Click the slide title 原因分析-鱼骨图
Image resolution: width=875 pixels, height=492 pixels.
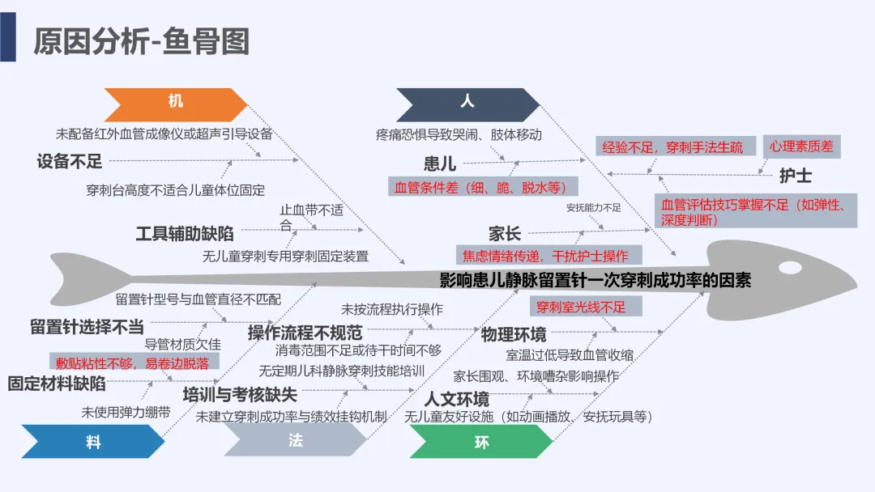click(141, 41)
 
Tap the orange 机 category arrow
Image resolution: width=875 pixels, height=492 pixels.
click(176, 103)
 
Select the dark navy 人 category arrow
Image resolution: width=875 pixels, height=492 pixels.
click(467, 103)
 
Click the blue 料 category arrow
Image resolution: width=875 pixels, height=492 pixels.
click(94, 442)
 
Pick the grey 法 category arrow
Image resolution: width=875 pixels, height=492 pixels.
click(295, 442)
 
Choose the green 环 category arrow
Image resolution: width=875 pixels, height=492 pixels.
click(481, 442)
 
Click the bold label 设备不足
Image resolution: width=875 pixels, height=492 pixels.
click(70, 161)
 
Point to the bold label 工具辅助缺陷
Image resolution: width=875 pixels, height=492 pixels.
click(185, 234)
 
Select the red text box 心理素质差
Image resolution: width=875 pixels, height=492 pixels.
click(801, 146)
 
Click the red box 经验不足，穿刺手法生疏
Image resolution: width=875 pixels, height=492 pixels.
click(672, 147)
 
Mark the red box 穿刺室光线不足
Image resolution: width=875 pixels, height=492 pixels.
click(580, 307)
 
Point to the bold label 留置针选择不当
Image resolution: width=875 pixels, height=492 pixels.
click(87, 327)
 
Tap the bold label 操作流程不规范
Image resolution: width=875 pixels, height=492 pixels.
click(305, 332)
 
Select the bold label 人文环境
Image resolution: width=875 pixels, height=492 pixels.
click(457, 399)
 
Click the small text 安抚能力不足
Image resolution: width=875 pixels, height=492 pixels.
click(593, 208)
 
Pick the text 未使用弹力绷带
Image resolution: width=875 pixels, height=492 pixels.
click(126, 412)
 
